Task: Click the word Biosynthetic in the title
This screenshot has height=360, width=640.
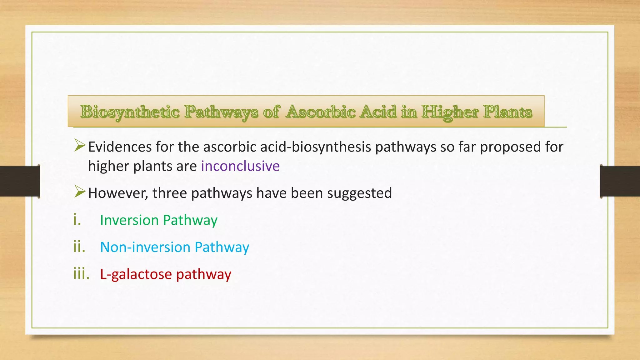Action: pos(130,112)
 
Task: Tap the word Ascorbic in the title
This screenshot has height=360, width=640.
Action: pos(320,112)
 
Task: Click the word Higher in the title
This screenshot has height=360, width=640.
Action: pos(450,112)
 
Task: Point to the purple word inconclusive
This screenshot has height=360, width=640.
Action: pos(240,166)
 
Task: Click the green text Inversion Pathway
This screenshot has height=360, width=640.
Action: pos(158,220)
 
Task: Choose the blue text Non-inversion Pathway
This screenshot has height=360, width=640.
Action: pos(174,247)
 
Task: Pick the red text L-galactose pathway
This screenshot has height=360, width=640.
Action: pos(166,274)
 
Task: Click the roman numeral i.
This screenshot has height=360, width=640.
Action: pos(77,220)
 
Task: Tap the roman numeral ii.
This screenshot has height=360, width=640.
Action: pos(79,247)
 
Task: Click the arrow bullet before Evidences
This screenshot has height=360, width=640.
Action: pos(80,146)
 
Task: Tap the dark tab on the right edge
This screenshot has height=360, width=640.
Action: pos(620,181)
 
